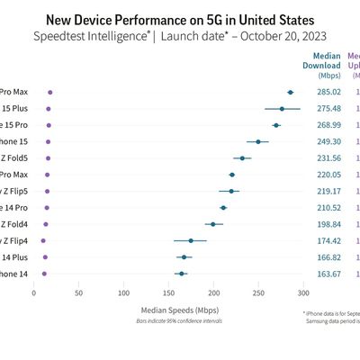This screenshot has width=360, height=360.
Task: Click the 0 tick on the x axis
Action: [x=34, y=292]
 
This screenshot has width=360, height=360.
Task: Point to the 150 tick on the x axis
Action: [x=169, y=292]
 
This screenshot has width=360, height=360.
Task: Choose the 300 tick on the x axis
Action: [x=304, y=292]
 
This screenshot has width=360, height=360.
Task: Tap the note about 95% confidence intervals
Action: [x=169, y=321]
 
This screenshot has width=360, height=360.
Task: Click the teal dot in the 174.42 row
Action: [x=191, y=240]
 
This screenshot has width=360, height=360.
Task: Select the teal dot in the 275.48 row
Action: [x=282, y=109]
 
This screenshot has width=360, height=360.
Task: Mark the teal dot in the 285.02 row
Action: [x=290, y=92]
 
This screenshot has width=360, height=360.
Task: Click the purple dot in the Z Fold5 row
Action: [x=48, y=157]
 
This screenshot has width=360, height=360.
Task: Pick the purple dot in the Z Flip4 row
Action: [x=43, y=240]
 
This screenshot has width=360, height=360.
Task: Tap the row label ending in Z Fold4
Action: [x=14, y=223]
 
